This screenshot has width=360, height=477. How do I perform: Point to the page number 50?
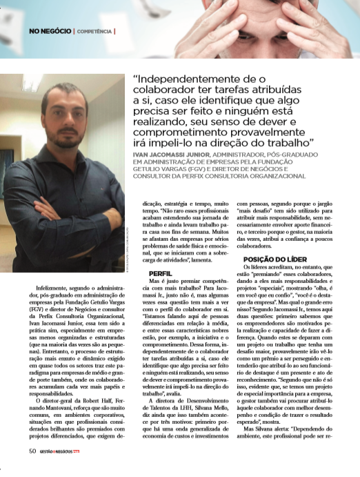(x=32, y=470)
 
